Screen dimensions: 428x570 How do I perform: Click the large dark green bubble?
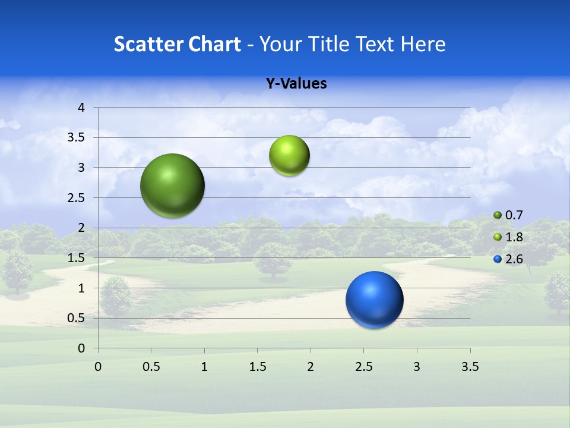(x=173, y=185)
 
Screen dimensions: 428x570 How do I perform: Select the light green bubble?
(x=289, y=156)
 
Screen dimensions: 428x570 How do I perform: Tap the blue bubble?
(x=374, y=300)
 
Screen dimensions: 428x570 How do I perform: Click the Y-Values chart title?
(x=296, y=84)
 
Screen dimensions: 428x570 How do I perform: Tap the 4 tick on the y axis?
(x=81, y=108)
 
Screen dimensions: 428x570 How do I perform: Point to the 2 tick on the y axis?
(x=81, y=228)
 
